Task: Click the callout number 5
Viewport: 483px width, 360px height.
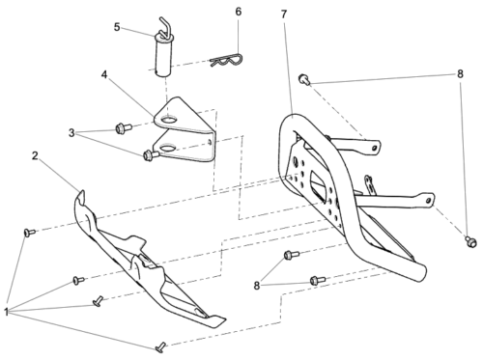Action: tap(117, 27)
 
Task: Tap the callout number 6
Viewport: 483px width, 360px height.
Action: tap(239, 12)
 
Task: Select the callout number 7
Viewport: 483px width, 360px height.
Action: tap(284, 14)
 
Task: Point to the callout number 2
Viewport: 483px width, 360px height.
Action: tap(35, 155)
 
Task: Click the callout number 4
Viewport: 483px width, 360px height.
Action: tap(104, 74)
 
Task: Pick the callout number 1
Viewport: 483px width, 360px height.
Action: tap(6, 312)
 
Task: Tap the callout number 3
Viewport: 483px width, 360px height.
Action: tap(71, 132)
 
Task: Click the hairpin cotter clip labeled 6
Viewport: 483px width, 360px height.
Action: tap(226, 61)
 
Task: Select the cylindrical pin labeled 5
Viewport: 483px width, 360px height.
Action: tap(163, 52)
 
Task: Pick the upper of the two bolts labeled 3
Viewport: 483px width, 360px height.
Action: tap(124, 128)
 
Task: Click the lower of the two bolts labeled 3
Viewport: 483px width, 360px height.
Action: tap(151, 155)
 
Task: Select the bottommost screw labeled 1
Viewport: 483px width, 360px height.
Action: tap(161, 346)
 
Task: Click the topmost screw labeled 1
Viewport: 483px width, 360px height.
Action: tap(30, 232)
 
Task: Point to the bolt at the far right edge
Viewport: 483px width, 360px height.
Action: tap(470, 241)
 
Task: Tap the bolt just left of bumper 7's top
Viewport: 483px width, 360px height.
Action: tap(304, 79)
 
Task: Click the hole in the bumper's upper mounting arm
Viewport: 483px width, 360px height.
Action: tap(374, 148)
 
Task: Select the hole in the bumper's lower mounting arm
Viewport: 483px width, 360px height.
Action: tap(428, 201)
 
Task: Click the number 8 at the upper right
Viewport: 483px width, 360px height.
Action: tap(460, 74)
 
